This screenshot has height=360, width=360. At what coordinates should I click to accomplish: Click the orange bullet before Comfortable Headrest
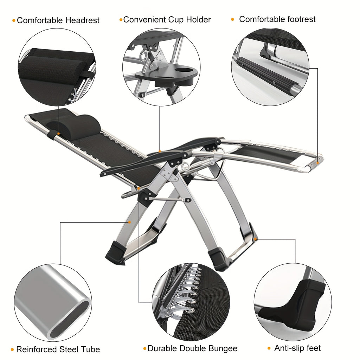[14, 20]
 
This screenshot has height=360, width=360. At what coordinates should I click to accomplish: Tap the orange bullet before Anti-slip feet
[269, 348]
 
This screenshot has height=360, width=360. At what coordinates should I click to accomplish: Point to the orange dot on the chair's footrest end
[317, 163]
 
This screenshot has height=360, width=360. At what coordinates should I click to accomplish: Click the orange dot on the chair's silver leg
[129, 222]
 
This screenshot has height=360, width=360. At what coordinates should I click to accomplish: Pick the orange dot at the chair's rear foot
[256, 239]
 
